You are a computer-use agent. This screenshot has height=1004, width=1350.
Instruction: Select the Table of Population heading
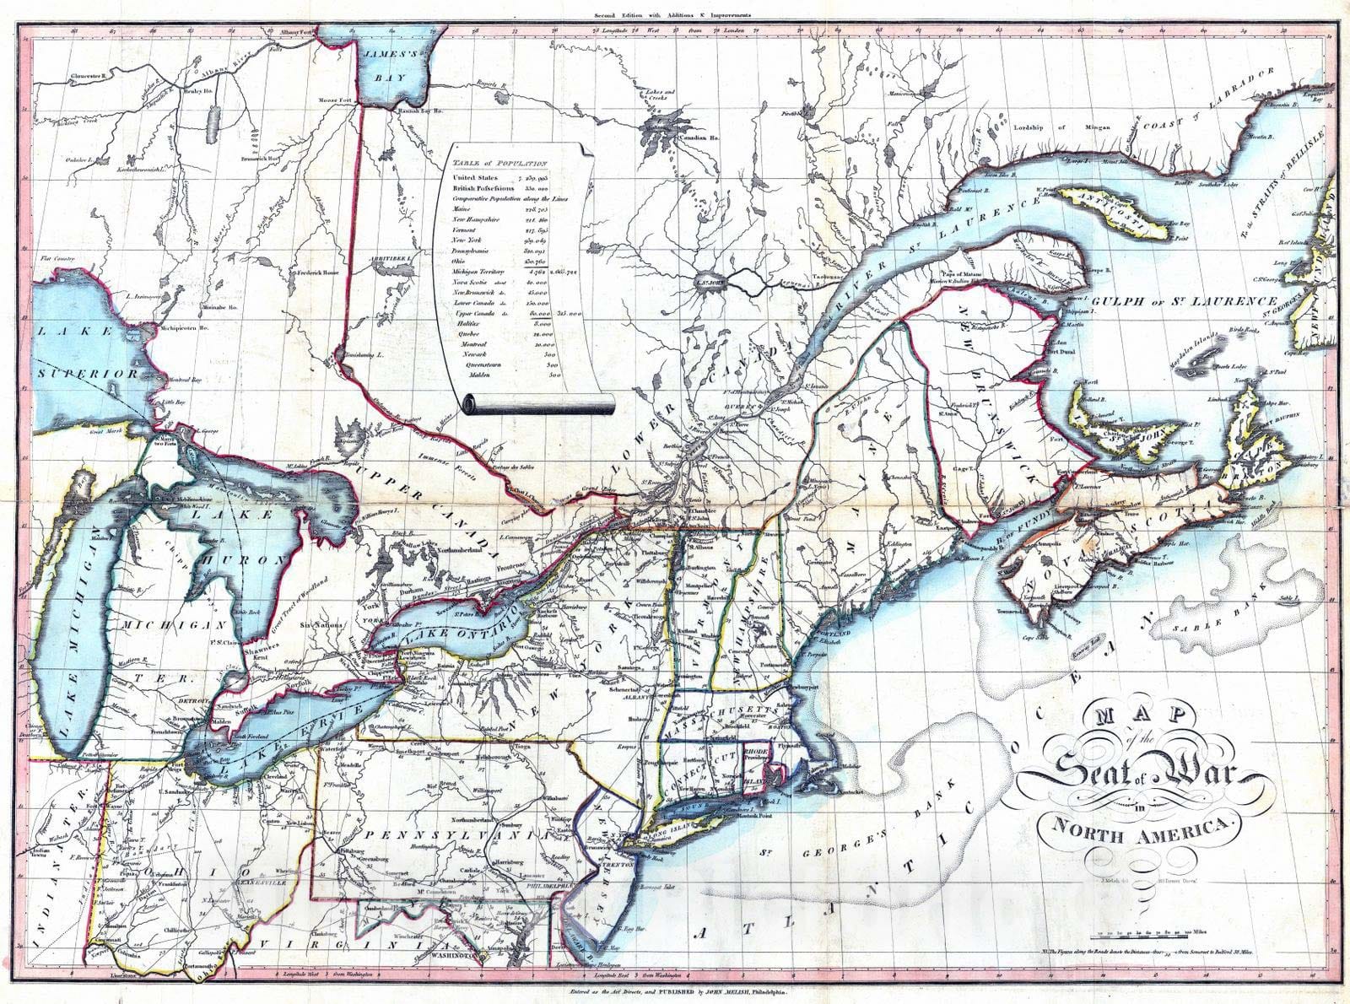click(499, 164)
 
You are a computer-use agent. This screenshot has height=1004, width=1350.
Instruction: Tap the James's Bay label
click(391, 65)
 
